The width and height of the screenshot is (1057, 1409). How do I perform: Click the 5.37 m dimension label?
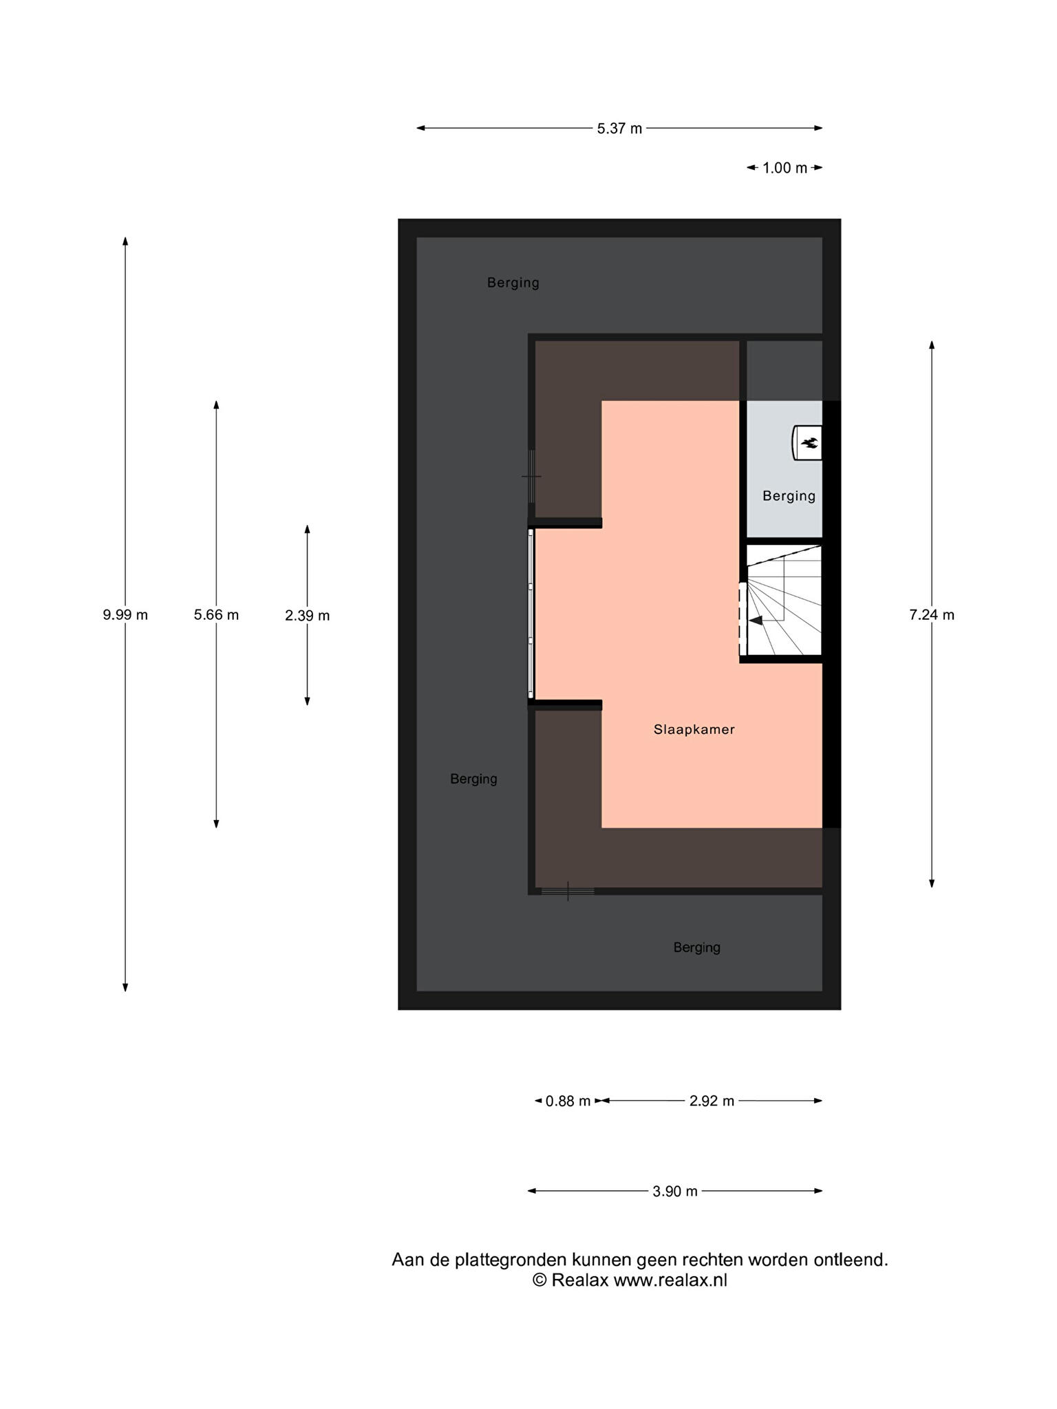(x=619, y=129)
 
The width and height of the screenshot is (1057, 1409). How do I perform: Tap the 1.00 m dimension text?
(x=784, y=168)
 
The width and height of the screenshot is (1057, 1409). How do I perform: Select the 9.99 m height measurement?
(x=125, y=615)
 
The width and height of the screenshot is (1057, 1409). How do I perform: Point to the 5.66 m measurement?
(x=216, y=615)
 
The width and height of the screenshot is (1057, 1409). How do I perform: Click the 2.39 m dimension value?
(x=307, y=616)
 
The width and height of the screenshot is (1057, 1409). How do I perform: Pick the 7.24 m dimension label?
(x=932, y=615)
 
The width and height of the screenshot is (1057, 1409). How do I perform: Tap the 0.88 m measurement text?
(x=568, y=1101)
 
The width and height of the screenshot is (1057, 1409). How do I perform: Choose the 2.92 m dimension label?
(x=712, y=1101)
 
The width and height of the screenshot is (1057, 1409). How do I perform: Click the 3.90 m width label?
(x=675, y=1191)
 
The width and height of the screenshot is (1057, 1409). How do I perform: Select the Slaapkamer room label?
(x=694, y=729)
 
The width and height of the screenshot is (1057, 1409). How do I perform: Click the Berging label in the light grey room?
(x=789, y=496)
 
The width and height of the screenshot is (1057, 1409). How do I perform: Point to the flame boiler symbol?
(x=807, y=442)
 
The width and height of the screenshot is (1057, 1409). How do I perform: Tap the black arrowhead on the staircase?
(x=756, y=621)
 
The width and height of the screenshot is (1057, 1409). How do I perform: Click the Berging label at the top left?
(x=513, y=283)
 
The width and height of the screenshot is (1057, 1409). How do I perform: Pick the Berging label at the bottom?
(x=696, y=947)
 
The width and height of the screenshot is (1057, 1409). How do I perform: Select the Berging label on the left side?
(x=473, y=779)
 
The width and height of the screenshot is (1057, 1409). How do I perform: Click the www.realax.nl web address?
(x=670, y=1280)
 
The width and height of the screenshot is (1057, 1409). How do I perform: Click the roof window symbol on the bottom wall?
(x=568, y=891)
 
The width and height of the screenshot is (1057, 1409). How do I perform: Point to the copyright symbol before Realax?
(x=540, y=1280)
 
